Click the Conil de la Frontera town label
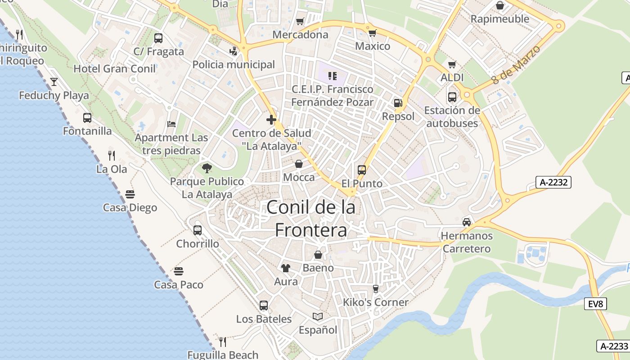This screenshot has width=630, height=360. point(311,219)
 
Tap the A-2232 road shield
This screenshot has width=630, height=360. point(553,182)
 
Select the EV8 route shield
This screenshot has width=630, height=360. point(595,304)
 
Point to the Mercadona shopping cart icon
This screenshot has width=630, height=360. point(300,21)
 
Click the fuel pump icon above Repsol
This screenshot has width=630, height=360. point(398,103)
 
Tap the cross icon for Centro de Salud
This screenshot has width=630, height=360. point(271,120)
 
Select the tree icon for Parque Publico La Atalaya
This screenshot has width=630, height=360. point(207,168)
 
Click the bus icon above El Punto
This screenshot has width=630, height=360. point(362,170)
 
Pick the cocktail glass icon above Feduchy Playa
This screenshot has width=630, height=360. point(54,81)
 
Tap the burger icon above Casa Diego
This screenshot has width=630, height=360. point(130,194)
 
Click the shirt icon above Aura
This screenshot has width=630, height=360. point(286,268)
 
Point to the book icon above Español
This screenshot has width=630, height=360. point(318,317)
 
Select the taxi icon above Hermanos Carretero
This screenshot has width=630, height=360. point(467,222)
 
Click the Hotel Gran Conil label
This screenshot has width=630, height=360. point(114,69)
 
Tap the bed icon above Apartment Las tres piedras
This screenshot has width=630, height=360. point(171,124)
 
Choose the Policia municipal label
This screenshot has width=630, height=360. point(234,64)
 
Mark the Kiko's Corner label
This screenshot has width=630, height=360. point(376,302)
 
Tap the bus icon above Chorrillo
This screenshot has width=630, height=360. point(198,230)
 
